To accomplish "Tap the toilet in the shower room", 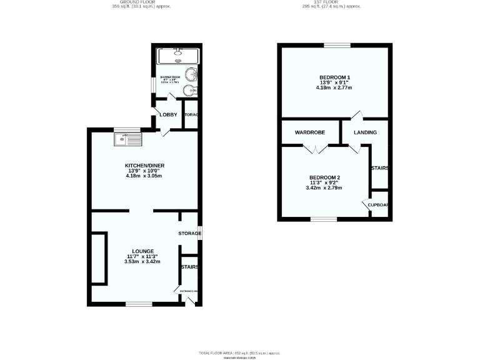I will [x=190, y=91].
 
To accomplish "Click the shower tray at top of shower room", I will [x=178, y=57].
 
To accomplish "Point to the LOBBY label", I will [x=168, y=115].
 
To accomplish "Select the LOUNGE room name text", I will [x=143, y=251].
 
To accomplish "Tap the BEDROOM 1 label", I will [x=334, y=77].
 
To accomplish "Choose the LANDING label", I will [x=364, y=132].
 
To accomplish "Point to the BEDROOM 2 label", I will [x=324, y=176].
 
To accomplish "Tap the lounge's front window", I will [x=138, y=304].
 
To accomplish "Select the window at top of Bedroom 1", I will [x=337, y=45].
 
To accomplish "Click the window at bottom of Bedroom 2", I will [x=323, y=218].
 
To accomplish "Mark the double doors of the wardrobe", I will [x=316, y=149].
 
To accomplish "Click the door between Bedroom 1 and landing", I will [x=357, y=115].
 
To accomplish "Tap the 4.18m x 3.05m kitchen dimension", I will [x=144, y=176].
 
